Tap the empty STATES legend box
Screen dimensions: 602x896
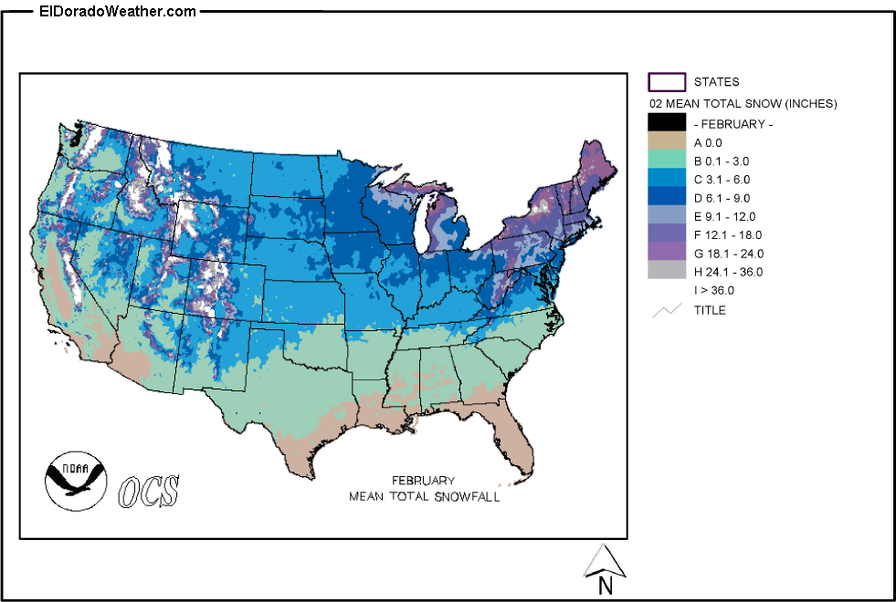(x=666, y=82)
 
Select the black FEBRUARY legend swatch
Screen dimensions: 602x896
(x=666, y=122)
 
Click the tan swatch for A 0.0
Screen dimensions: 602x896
(x=666, y=142)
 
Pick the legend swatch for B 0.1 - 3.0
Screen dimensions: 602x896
(x=666, y=161)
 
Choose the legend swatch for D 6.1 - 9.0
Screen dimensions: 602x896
(x=666, y=197)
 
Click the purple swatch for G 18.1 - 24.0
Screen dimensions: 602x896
(x=666, y=253)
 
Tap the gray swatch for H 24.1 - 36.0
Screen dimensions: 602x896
(x=666, y=271)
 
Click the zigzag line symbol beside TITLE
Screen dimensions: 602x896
(x=666, y=311)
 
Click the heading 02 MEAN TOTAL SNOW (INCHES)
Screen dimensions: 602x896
(x=742, y=103)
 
